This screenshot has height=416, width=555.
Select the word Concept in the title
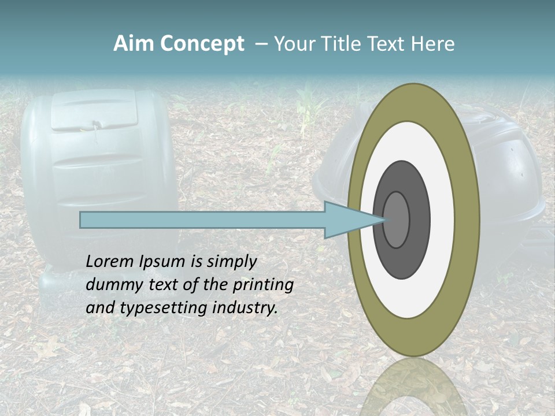click(202, 44)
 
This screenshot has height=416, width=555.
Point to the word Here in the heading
click(433, 44)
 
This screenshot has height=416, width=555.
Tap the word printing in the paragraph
click(262, 285)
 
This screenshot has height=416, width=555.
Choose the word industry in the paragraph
click(245, 308)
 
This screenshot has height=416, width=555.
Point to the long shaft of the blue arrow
click(202, 220)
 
